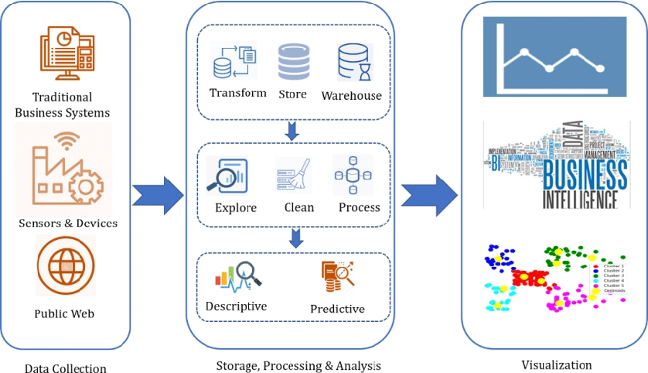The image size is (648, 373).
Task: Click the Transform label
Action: [x=238, y=93]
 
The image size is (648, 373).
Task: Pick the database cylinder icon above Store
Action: [x=293, y=62]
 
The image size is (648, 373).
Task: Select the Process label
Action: [x=360, y=207]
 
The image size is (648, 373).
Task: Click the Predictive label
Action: [x=337, y=309]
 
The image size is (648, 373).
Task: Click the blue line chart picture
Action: [x=554, y=57]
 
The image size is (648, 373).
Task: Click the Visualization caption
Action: [x=556, y=364]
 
